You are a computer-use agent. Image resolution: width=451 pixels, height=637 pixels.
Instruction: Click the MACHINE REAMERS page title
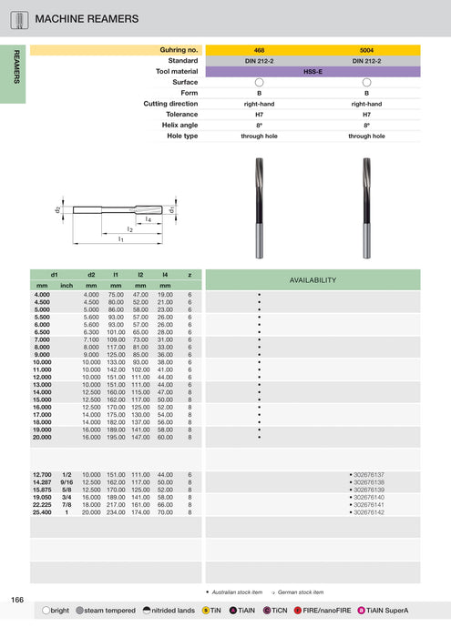click(87, 18)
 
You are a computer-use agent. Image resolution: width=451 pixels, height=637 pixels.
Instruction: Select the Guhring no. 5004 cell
click(366, 50)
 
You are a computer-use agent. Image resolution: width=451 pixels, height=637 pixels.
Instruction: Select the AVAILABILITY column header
click(313, 279)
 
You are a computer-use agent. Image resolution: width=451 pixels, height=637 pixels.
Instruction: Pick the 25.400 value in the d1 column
click(42, 513)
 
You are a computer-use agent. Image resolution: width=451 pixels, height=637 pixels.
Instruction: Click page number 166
click(17, 600)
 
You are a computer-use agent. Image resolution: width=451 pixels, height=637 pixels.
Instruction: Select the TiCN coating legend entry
click(276, 611)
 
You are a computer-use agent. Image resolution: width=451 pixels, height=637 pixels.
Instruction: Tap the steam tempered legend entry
click(108, 611)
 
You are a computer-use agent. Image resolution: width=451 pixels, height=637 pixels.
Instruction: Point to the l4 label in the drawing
click(149, 219)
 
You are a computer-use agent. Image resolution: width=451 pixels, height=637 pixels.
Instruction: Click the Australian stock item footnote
click(237, 592)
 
